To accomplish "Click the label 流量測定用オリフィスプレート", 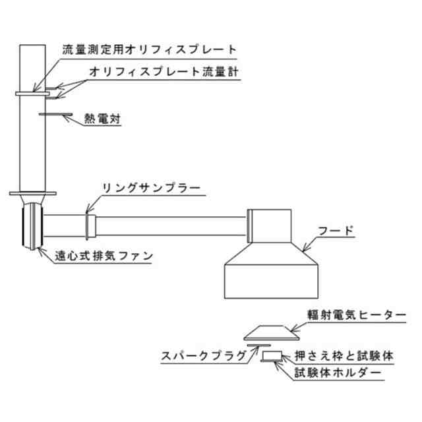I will [149, 49].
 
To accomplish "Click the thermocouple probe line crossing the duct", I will [53, 113].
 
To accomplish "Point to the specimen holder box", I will [272, 357].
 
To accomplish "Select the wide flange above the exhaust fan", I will [31, 194].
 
